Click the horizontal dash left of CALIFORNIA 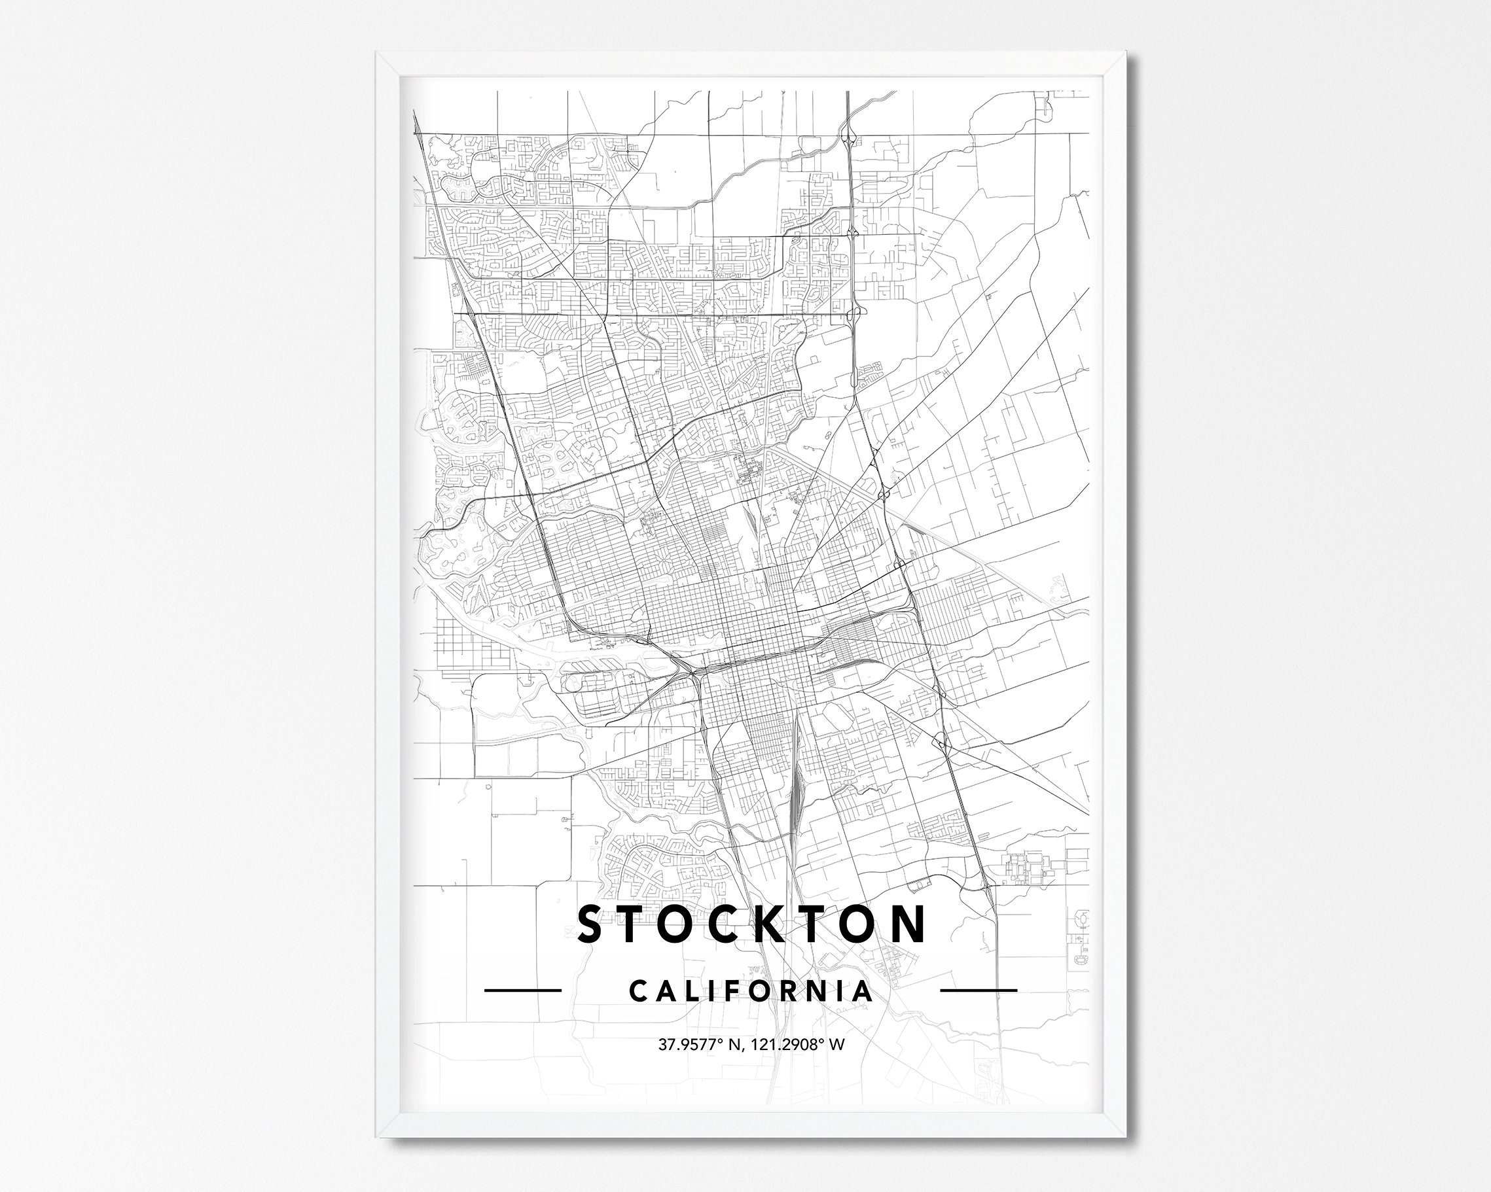pos(522,990)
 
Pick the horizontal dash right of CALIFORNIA pos(979,990)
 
